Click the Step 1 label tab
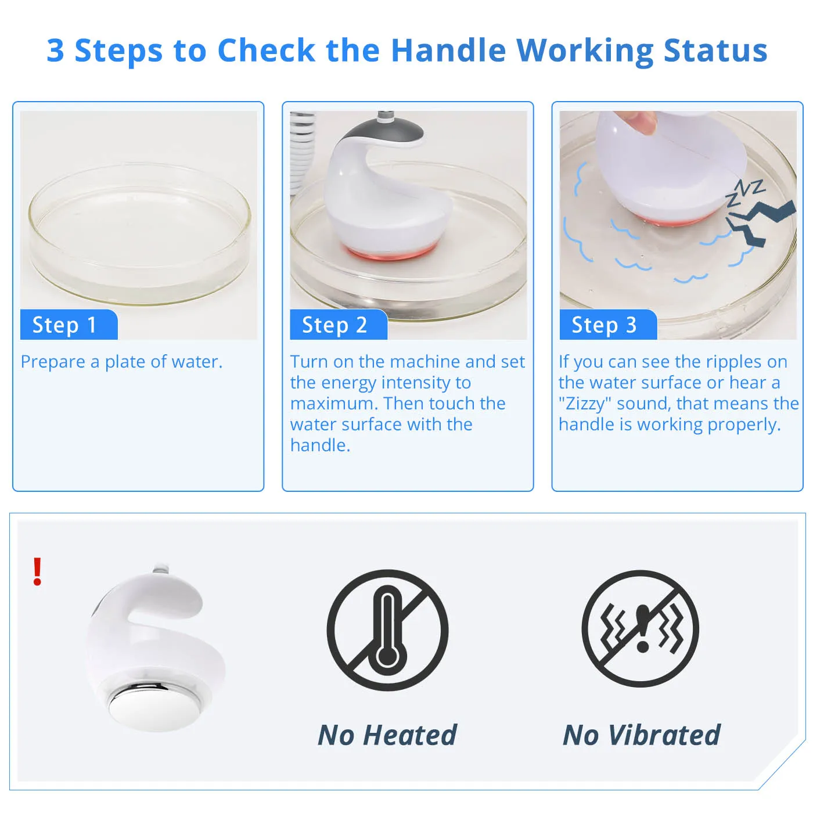point(68,325)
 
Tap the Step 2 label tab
point(337,325)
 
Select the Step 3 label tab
point(607,325)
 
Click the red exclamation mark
point(37,571)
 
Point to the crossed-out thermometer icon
point(387,630)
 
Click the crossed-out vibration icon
point(641,629)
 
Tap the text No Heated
point(387,735)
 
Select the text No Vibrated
point(642,735)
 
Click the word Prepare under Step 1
point(53,362)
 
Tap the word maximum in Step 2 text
point(333,404)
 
